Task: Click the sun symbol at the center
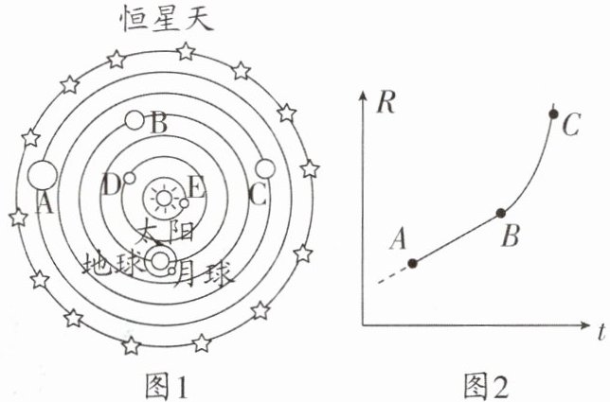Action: [166, 199]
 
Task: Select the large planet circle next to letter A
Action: [41, 175]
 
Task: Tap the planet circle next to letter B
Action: [136, 121]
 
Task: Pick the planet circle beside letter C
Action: [265, 168]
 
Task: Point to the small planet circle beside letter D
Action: [130, 178]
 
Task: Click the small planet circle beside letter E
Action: [184, 201]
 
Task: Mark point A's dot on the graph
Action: [411, 263]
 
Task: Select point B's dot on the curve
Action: [501, 212]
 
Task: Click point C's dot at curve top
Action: [554, 114]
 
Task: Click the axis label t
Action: [601, 331]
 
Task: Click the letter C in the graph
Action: [571, 124]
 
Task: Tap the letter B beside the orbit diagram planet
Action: [159, 123]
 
